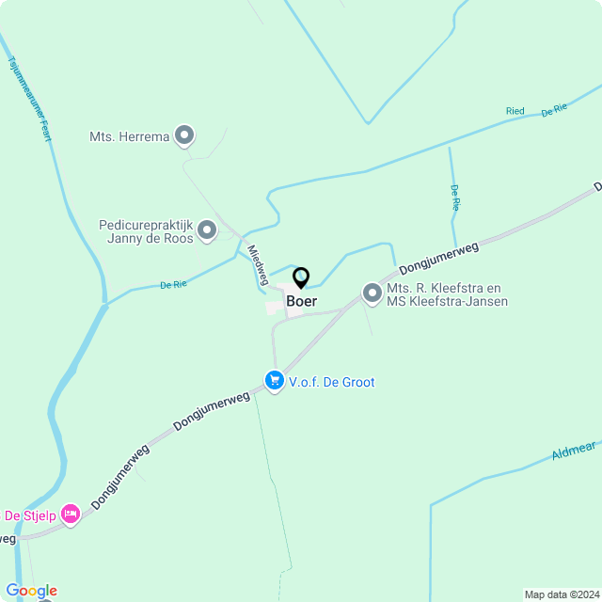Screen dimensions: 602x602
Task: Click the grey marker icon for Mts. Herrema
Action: pyautogui.click(x=185, y=136)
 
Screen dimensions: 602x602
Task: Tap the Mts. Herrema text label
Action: pyautogui.click(x=130, y=136)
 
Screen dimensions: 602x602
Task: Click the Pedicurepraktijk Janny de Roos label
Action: pyautogui.click(x=146, y=231)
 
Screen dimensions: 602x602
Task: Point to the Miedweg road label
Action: pyautogui.click(x=257, y=264)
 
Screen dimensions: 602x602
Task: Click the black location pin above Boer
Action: pyautogui.click(x=301, y=277)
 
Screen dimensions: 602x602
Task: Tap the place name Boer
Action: pyautogui.click(x=302, y=302)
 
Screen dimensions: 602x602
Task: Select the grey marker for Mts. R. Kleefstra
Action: pyautogui.click(x=372, y=294)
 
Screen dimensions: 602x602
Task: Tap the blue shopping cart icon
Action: pyautogui.click(x=275, y=381)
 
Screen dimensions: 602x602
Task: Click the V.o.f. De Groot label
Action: pyautogui.click(x=332, y=382)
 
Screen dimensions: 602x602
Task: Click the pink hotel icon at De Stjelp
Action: pyautogui.click(x=70, y=515)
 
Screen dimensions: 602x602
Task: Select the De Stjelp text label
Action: pyautogui.click(x=29, y=515)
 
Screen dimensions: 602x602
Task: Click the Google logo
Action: pyautogui.click(x=31, y=591)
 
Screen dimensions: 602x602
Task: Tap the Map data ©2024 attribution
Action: pyautogui.click(x=561, y=594)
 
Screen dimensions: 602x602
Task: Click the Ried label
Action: pyautogui.click(x=515, y=111)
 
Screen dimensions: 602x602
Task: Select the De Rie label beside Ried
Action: pyautogui.click(x=554, y=110)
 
